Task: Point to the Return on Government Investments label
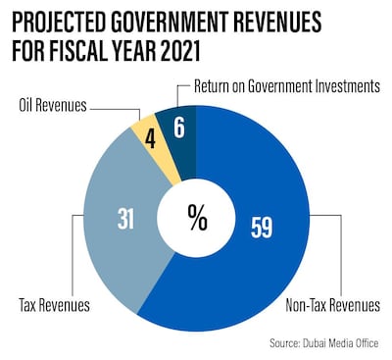283,85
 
